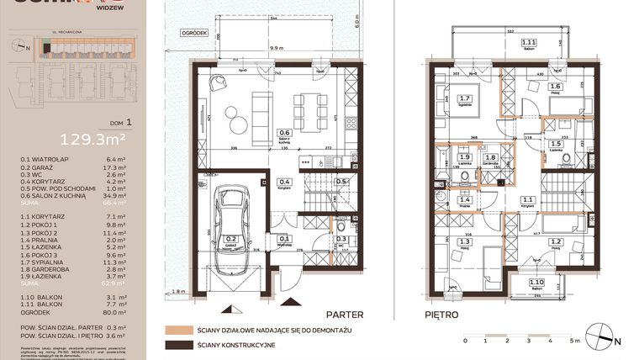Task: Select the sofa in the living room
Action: point(260,108)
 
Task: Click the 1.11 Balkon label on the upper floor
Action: point(528,44)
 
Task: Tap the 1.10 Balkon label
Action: point(527,283)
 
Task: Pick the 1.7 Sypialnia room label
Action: point(464,100)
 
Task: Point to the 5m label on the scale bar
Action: point(574,341)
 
